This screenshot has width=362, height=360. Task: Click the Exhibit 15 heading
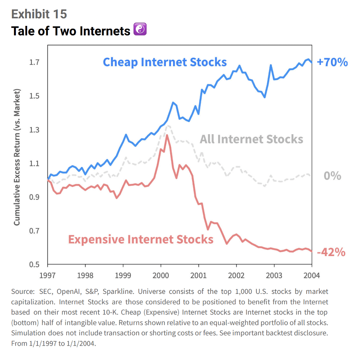[x=39, y=14]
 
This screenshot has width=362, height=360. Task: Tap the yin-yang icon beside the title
[x=140, y=29]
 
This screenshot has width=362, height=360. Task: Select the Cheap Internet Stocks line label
[x=165, y=62]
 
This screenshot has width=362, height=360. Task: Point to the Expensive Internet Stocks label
[x=141, y=239]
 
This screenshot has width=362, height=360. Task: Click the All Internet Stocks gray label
[x=251, y=139]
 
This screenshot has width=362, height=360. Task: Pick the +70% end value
[x=332, y=62]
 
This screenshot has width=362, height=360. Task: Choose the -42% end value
[x=331, y=252]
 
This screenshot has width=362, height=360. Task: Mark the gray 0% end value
[x=332, y=176]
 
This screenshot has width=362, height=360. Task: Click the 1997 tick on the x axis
[x=47, y=274]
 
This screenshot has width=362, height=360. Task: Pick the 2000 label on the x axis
[x=161, y=274]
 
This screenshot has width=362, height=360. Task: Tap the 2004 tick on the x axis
[x=311, y=274]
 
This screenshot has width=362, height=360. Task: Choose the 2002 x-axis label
[x=236, y=274]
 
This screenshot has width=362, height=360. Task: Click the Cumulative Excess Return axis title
[x=17, y=158]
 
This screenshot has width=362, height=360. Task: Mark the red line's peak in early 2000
[x=167, y=136]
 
